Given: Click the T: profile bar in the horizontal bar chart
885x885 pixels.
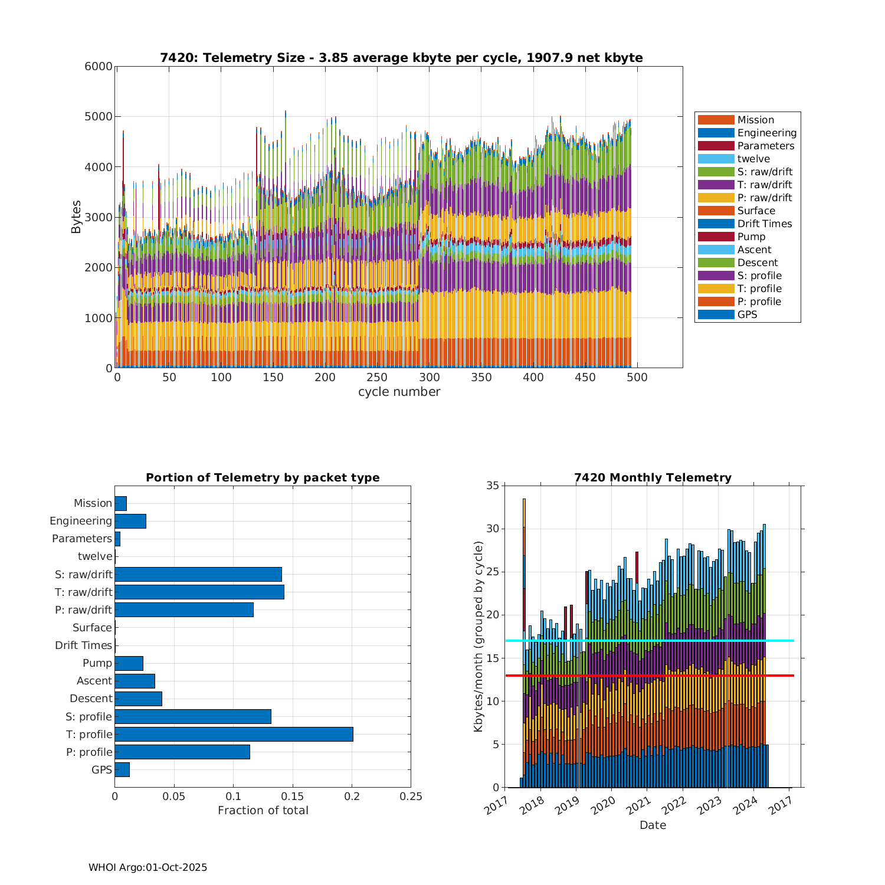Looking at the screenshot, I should tap(234, 734).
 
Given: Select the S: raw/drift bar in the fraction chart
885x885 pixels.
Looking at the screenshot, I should tap(198, 574).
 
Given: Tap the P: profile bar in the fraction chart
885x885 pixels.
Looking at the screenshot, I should tap(182, 752).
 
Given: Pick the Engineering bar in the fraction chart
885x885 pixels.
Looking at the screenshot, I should tap(130, 521).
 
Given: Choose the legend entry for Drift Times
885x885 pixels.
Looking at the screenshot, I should tap(764, 224).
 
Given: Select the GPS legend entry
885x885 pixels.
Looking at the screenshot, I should tap(747, 314).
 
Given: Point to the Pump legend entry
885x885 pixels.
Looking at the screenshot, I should tap(750, 237).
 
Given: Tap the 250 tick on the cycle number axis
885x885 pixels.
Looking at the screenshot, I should tap(377, 378).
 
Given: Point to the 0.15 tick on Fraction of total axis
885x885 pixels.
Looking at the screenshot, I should tap(293, 796).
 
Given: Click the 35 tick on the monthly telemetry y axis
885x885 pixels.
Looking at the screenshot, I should tap(492, 486).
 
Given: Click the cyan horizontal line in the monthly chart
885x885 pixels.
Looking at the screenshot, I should tap(649, 641).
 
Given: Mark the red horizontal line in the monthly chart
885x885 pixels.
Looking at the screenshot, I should tap(649, 675).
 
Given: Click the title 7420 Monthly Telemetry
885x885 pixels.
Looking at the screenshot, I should tap(653, 477).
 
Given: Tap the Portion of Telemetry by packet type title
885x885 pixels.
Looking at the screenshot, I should tap(263, 477).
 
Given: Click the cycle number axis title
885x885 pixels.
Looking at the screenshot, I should tap(399, 392).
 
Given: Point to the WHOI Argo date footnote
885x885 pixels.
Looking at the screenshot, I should tap(147, 867).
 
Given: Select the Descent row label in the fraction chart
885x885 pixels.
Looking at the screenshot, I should tap(91, 699).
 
